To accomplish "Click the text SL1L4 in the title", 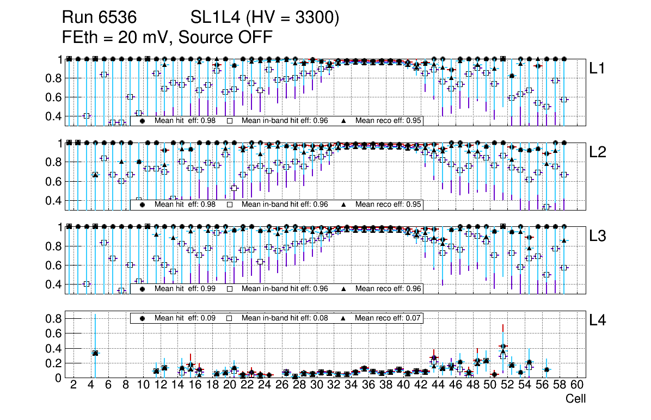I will [x=214, y=18].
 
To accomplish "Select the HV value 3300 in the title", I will [x=317, y=18].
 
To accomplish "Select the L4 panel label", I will [x=597, y=320].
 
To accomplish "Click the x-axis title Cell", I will [x=575, y=399].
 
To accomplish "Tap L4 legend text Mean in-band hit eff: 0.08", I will [x=285, y=318].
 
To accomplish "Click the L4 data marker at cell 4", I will [x=95, y=353].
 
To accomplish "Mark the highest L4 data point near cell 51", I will [x=503, y=346].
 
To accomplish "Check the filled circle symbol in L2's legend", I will [x=143, y=205].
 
